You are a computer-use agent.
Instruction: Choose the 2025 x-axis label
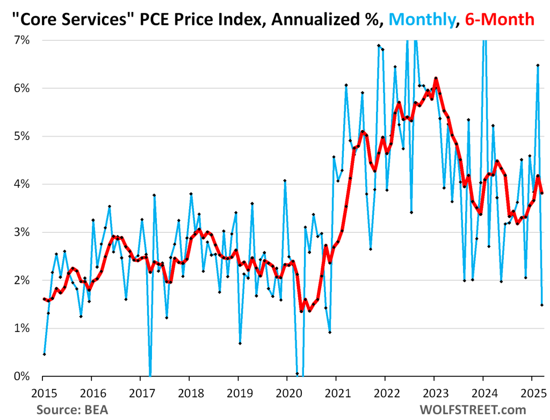tap(532, 391)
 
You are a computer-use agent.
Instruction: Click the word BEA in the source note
tap(96, 410)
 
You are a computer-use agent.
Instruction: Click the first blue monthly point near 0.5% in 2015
tap(44, 354)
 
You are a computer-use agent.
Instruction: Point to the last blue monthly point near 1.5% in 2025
tap(542, 305)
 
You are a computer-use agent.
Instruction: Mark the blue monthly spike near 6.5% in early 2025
tap(538, 65)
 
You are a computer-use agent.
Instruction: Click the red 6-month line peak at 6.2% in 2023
tap(436, 79)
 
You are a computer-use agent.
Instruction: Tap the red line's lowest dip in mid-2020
tap(301, 311)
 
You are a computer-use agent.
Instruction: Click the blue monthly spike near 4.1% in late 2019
tap(285, 181)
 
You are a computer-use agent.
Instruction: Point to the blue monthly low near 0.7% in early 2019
tap(240, 343)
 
